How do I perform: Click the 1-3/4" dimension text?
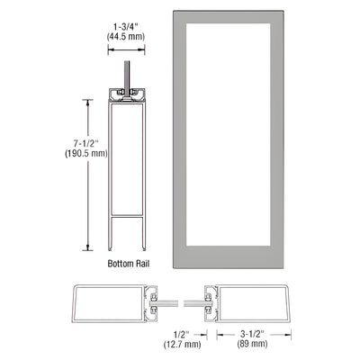pyautogui.click(x=125, y=27)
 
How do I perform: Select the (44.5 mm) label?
pyautogui.click(x=125, y=39)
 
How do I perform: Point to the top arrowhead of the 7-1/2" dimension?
pyautogui.click(x=88, y=102)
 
